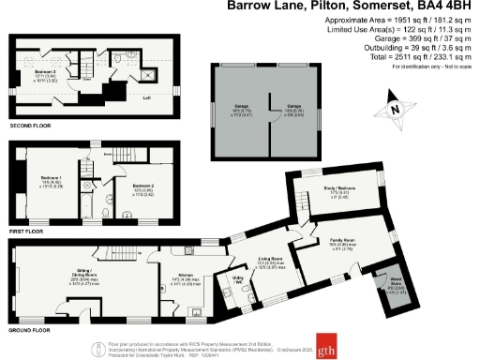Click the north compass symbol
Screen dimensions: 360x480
point(395,109)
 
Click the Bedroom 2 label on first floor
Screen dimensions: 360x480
point(142,187)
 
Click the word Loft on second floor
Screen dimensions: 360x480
point(145,97)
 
